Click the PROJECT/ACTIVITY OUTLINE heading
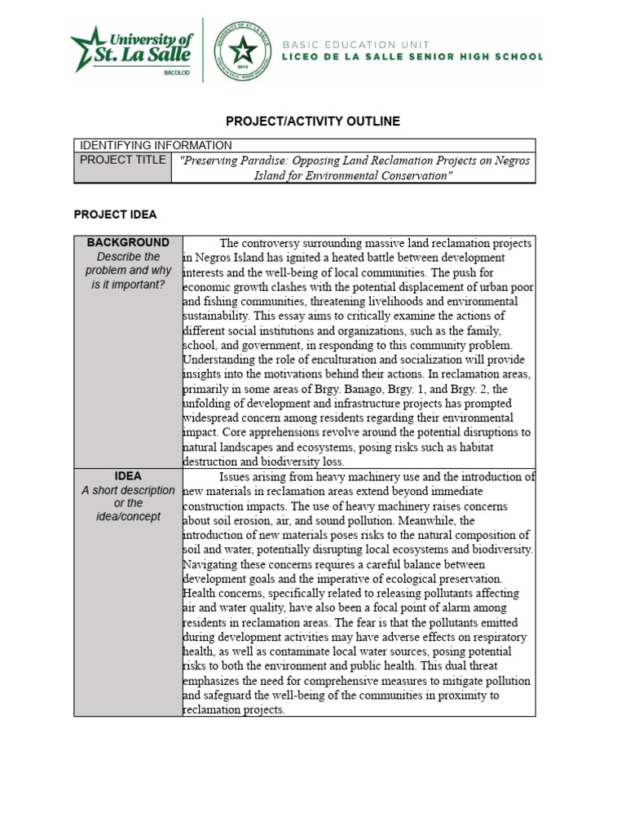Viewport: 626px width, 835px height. click(312, 121)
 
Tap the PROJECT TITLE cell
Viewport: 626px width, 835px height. click(123, 160)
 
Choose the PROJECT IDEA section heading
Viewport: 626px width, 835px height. click(115, 214)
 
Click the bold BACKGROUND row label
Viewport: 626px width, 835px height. click(128, 243)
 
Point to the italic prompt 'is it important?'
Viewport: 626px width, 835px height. click(128, 285)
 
